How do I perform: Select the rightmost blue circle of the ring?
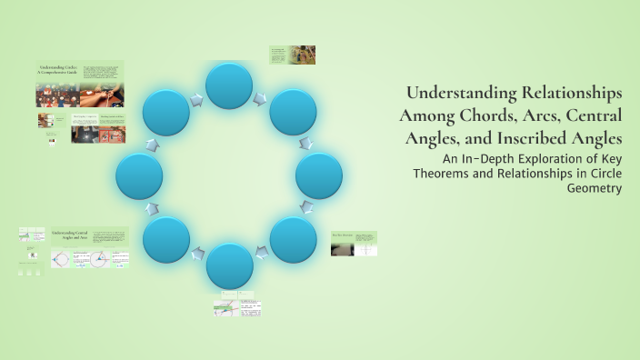coord(319,175)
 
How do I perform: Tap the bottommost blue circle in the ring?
coord(229,266)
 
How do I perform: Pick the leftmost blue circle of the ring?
coord(139,175)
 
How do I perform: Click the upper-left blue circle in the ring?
coord(165,112)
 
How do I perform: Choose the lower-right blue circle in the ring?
coord(293,239)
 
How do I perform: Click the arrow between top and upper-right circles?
coord(262,95)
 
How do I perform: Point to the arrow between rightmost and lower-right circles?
coord(309,209)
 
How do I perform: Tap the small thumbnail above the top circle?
coord(292,55)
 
